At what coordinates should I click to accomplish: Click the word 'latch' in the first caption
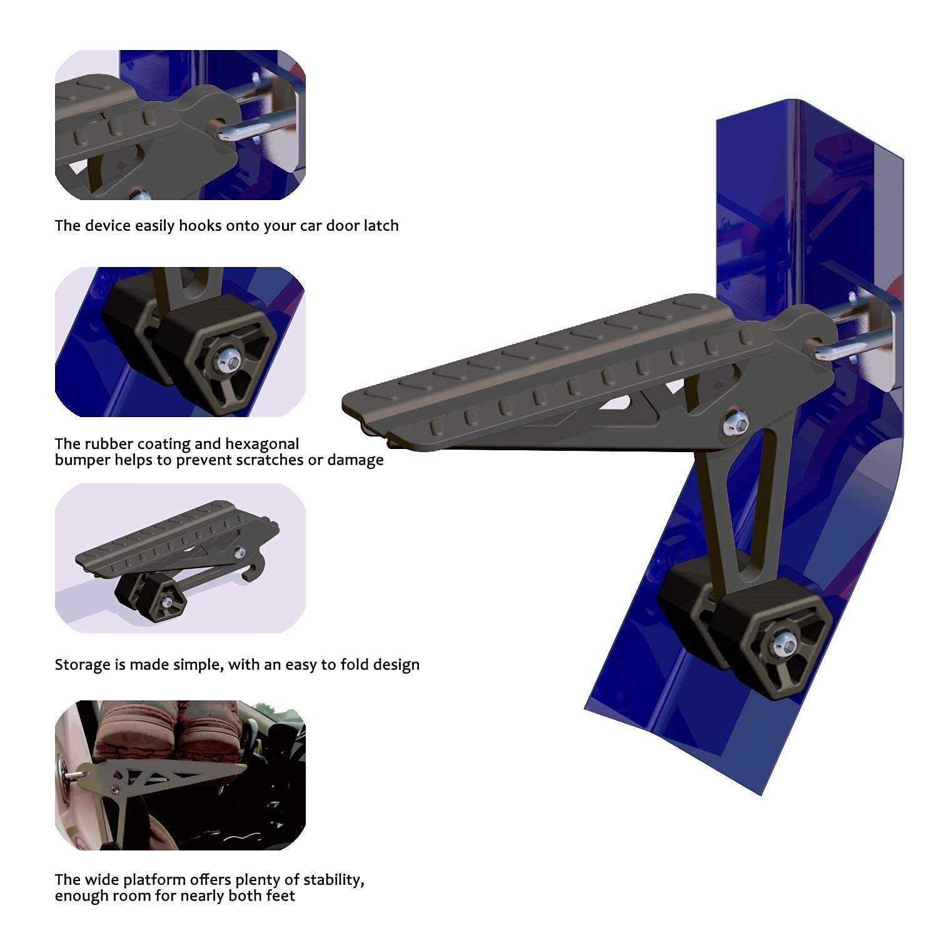pyautogui.click(x=381, y=225)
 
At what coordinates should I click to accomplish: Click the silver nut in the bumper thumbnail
pyautogui.click(x=226, y=358)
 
